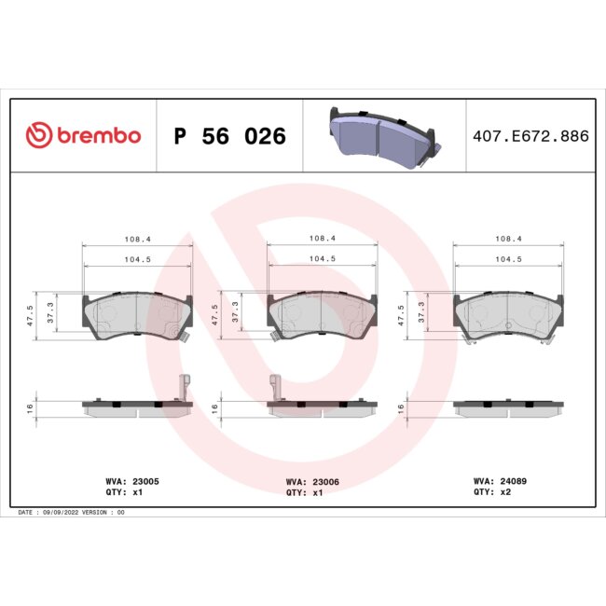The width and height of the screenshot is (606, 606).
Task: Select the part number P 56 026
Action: click(x=229, y=136)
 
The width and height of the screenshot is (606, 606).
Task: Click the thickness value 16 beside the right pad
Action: click(x=402, y=408)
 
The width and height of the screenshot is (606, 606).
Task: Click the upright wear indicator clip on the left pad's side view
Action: click(x=185, y=384)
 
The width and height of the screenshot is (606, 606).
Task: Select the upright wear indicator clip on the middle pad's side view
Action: click(x=275, y=384)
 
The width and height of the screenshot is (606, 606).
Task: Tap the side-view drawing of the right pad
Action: click(x=507, y=406)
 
